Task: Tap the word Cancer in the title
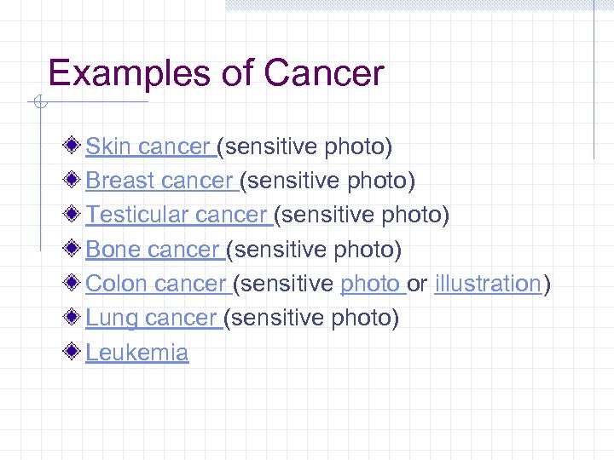pyautogui.click(x=324, y=73)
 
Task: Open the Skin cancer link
pyautogui.click(x=149, y=147)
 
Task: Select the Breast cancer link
pyautogui.click(x=160, y=181)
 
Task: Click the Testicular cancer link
pyautogui.click(x=177, y=216)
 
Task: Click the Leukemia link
pyautogui.click(x=137, y=352)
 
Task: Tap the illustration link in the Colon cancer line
pyautogui.click(x=488, y=284)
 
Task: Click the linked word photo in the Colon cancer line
pyautogui.click(x=370, y=284)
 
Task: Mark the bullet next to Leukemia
pyautogui.click(x=76, y=351)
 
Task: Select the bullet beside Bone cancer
pyautogui.click(x=76, y=249)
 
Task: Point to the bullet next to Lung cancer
pyautogui.click(x=76, y=317)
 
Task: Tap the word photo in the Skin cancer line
pyautogui.click(x=357, y=147)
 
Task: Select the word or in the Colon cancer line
pyautogui.click(x=418, y=284)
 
